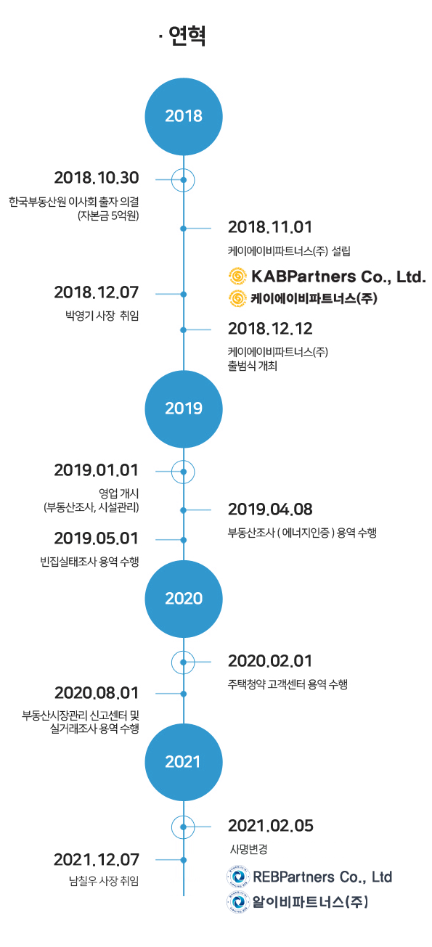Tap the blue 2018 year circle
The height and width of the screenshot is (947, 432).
pos(184,116)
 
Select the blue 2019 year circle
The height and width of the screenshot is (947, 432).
pos(184,409)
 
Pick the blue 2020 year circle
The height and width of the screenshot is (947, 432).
pos(184,599)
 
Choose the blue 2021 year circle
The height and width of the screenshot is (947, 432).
pos(184,762)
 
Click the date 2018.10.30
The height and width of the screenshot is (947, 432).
pos(97,178)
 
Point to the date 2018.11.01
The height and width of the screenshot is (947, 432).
pos(270,227)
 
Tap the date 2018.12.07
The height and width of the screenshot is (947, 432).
pos(97,292)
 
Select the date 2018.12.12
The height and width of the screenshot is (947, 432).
pos(270,329)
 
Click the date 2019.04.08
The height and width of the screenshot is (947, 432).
pos(270,509)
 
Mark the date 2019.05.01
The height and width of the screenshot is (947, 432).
pos(97,538)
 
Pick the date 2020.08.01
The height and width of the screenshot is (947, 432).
pos(97,693)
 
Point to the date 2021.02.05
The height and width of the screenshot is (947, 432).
pos(271,826)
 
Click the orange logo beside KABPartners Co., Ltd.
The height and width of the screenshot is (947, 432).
pos(237,276)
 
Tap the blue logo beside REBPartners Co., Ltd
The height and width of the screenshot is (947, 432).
pos(237,877)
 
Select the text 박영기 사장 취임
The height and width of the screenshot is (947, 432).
pos(102,316)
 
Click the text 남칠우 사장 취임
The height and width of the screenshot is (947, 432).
pos(104,881)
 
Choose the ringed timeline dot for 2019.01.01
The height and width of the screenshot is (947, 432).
pos(183,472)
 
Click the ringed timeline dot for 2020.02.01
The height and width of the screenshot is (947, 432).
pos(183,662)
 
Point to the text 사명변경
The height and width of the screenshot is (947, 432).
pos(249,849)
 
